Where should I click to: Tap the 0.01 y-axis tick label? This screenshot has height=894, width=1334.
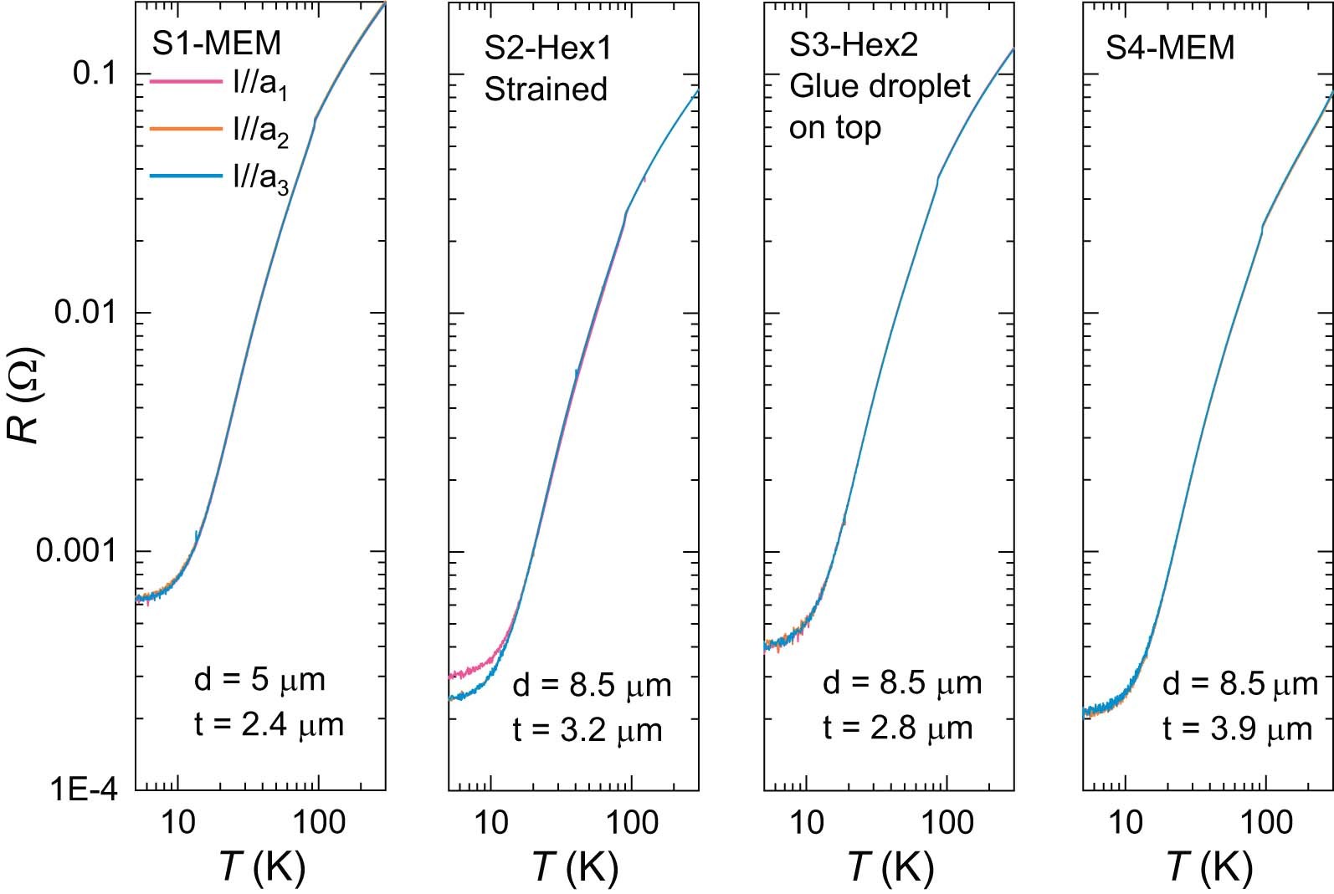[x=84, y=313]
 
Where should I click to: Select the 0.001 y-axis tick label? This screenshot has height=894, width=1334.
[x=75, y=551]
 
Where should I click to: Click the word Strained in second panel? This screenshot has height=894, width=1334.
[x=546, y=89]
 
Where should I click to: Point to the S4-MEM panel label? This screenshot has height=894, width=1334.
[x=1170, y=48]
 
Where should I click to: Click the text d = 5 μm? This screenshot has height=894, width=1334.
[x=259, y=680]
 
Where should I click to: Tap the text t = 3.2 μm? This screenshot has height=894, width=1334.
[x=587, y=731]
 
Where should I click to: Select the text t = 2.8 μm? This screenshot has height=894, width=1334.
[x=898, y=728]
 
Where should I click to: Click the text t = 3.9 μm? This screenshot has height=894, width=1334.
[x=1238, y=729]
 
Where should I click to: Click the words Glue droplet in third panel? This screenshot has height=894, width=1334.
[x=880, y=86]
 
